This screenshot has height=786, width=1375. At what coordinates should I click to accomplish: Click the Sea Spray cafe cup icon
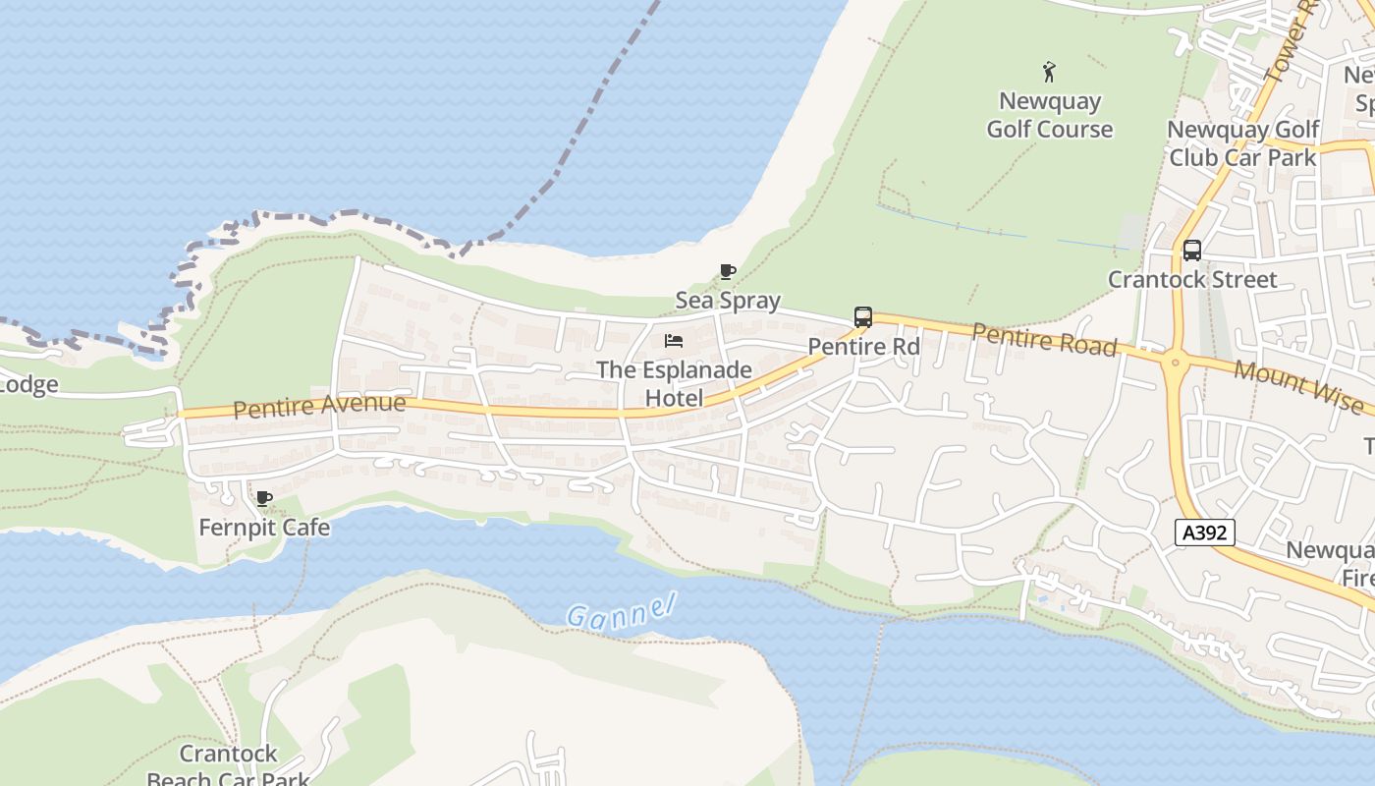pos(728,272)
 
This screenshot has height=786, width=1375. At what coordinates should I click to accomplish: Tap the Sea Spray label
pos(728,301)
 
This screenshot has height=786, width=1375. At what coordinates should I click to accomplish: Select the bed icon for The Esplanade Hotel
pos(674,341)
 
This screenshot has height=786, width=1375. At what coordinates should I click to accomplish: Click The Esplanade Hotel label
pos(674,384)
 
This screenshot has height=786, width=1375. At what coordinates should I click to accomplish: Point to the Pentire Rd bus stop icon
pos(863,317)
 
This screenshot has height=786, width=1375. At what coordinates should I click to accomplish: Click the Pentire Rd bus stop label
pos(863,347)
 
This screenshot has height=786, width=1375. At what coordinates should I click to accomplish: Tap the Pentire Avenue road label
pos(319,406)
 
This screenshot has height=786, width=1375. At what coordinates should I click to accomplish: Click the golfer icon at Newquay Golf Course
pos(1049,72)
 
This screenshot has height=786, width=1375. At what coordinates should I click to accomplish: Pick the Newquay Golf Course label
pos(1049,115)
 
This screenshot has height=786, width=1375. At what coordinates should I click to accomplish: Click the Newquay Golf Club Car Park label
pos(1242,143)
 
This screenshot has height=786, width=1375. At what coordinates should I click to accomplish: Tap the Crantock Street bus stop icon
pos(1191,251)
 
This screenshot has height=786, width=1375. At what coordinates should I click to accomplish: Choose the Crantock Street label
pos(1192,280)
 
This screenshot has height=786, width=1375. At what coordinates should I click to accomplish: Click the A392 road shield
pos(1204,533)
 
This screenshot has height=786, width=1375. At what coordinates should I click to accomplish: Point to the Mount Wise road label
pos(1297,386)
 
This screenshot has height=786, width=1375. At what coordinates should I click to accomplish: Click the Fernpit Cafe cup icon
pos(263,498)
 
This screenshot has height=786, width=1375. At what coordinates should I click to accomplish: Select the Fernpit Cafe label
pos(264,528)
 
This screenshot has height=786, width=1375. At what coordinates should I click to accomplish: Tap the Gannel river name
pos(621,610)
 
